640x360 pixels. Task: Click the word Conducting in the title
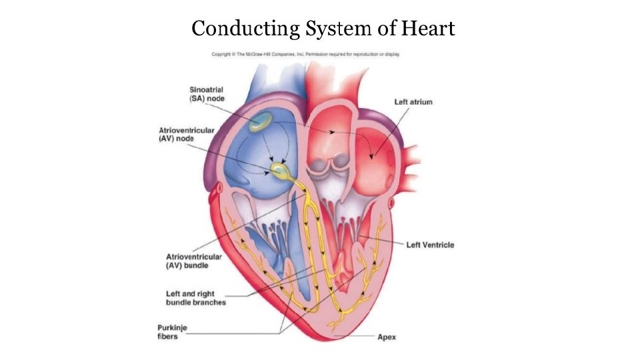[x=245, y=29]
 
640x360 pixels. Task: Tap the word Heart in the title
[x=430, y=29]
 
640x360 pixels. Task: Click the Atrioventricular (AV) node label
[x=186, y=135]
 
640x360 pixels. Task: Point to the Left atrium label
[x=413, y=102]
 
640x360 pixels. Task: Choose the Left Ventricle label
[x=430, y=245]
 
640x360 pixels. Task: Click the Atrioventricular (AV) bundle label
[x=188, y=261]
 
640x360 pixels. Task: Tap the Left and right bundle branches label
[x=195, y=297]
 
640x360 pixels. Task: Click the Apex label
[x=387, y=337]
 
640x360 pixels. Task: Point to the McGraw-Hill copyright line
[x=305, y=54]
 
